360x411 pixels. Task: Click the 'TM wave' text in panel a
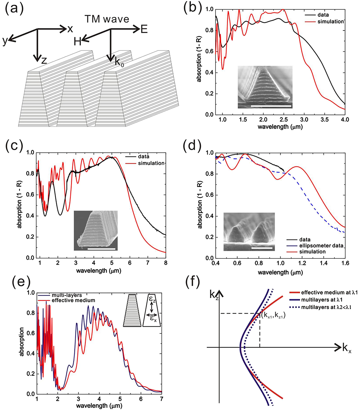pos(107,19)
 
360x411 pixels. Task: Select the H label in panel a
pos(77,41)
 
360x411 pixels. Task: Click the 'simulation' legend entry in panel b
pos(330,22)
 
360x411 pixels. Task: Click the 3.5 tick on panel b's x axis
pos(325,120)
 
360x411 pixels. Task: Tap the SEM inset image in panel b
pos(265,87)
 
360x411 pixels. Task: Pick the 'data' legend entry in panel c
pos(143,157)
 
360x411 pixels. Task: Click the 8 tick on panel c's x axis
pos(166,263)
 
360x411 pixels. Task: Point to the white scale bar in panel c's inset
pos(101,249)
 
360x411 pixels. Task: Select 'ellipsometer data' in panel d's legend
pos(321,246)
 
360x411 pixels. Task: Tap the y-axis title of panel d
pos(200,205)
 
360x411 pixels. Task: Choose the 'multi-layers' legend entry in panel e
pos(67,295)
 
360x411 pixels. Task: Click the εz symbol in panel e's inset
pos(152,300)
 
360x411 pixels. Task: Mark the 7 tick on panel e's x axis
pos(161,399)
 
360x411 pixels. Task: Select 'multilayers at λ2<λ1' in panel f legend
pos(326,307)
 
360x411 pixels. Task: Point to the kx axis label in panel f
pos(346,349)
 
